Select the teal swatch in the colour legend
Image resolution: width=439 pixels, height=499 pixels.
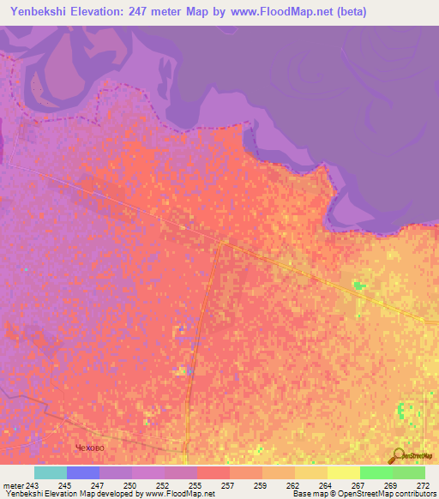[51, 472]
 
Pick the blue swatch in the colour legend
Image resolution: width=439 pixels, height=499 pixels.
[83, 472]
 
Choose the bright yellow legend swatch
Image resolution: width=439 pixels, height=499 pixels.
[344, 472]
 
